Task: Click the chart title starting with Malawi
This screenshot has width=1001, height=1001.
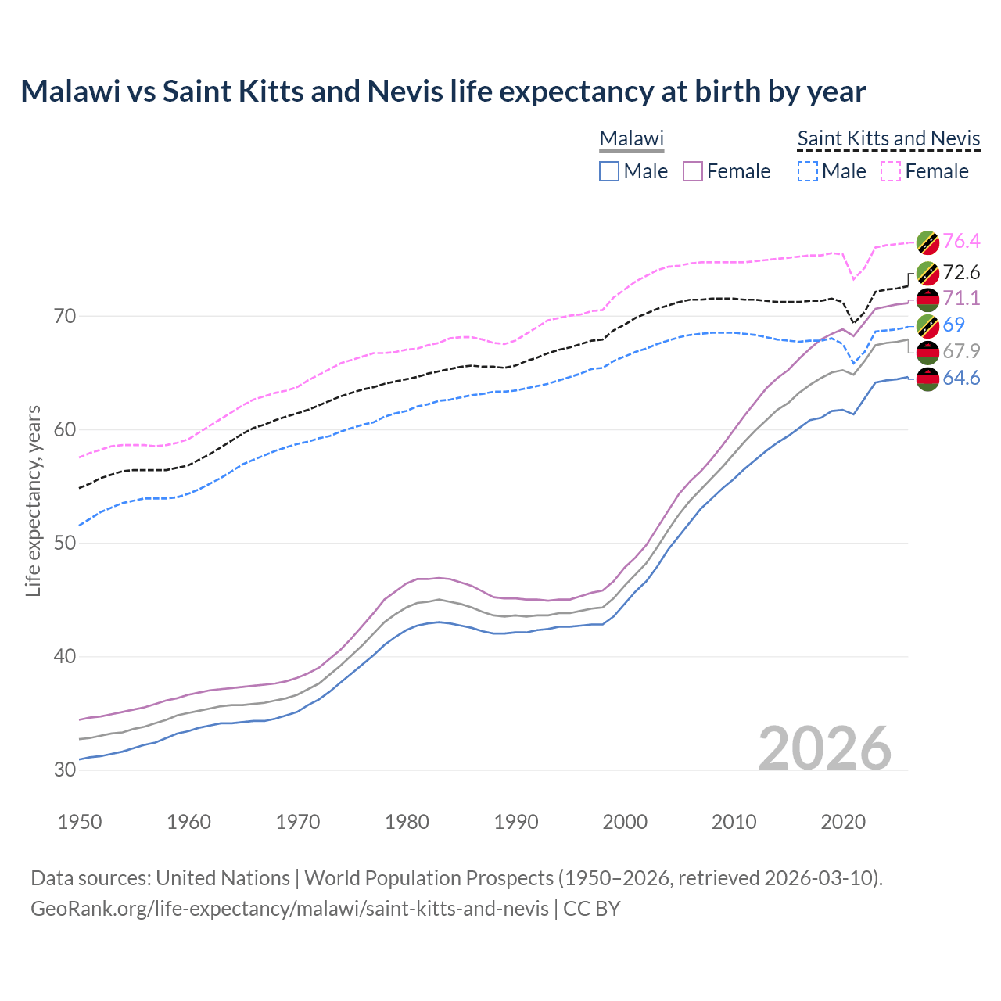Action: (443, 91)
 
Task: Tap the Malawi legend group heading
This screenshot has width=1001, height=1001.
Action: (631, 138)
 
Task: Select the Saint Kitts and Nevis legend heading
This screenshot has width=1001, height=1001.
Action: (888, 138)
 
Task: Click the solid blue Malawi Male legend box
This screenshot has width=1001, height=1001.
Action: (609, 171)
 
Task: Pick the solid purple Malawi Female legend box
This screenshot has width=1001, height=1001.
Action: (693, 171)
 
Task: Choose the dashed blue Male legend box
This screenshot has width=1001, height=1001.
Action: (808, 171)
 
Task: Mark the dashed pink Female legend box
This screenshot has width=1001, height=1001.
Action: (891, 171)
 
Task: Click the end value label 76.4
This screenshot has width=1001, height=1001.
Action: (961, 241)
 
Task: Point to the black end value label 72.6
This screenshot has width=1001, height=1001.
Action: (961, 272)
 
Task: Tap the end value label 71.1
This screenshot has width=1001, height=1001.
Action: (961, 298)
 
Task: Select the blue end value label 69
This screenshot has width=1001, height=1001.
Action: (954, 325)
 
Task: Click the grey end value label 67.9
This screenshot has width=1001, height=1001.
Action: (961, 351)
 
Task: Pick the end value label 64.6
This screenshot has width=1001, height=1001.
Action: (961, 379)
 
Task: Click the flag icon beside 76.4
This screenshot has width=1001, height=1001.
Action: (927, 242)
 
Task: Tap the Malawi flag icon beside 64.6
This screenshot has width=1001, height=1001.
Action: (927, 379)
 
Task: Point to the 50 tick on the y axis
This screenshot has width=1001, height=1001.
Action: (65, 543)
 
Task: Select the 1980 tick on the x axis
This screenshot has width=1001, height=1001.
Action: (407, 822)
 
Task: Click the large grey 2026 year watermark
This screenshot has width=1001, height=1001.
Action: (825, 748)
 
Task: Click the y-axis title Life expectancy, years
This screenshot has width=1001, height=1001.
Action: (33, 500)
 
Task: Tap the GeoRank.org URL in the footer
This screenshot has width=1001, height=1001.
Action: (289, 909)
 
